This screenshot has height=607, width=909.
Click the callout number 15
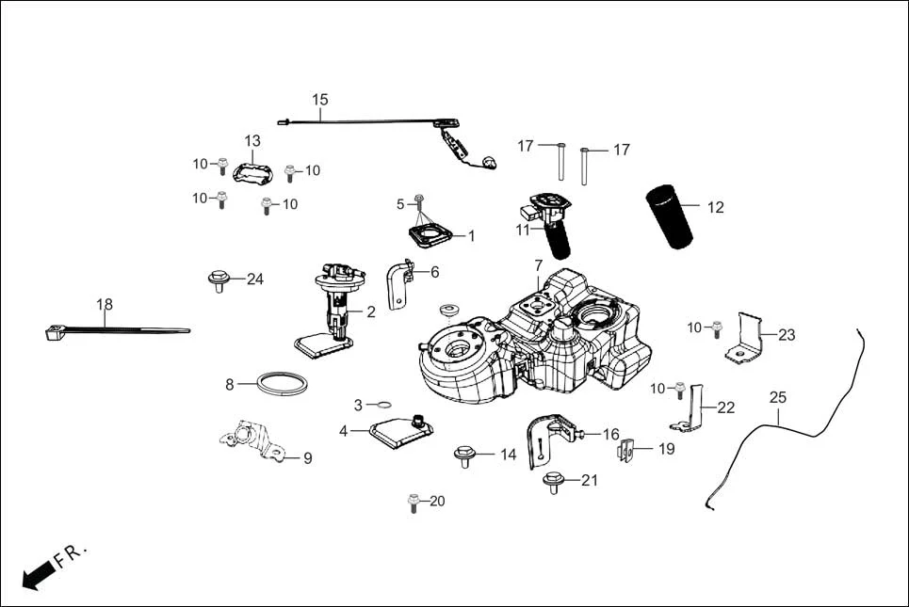pyautogui.click(x=320, y=99)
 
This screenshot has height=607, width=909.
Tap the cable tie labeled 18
pyautogui.click(x=113, y=329)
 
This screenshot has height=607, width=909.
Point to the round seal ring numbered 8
pyautogui.click(x=286, y=384)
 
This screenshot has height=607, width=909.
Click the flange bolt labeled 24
pyautogui.click(x=218, y=280)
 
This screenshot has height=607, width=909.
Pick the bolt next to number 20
pyautogui.click(x=412, y=502)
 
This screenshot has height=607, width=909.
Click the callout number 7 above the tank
pyautogui.click(x=538, y=265)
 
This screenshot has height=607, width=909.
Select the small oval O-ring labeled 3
pyautogui.click(x=382, y=405)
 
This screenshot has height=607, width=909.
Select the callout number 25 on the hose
pyautogui.click(x=777, y=398)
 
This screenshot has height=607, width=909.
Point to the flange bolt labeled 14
pyautogui.click(x=463, y=455)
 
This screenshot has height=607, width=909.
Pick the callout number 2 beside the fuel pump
pyautogui.click(x=370, y=312)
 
